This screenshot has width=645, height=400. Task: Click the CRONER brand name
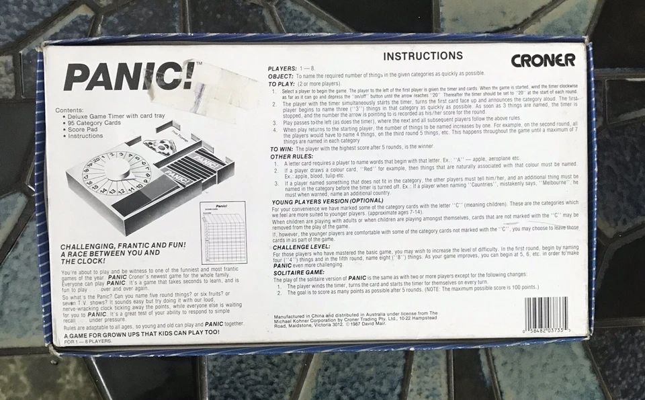(x=543, y=61)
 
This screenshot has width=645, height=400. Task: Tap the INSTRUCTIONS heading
(x=423, y=56)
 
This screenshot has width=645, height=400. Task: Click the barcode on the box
(x=546, y=314)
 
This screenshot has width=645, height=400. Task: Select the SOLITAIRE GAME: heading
(x=298, y=272)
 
